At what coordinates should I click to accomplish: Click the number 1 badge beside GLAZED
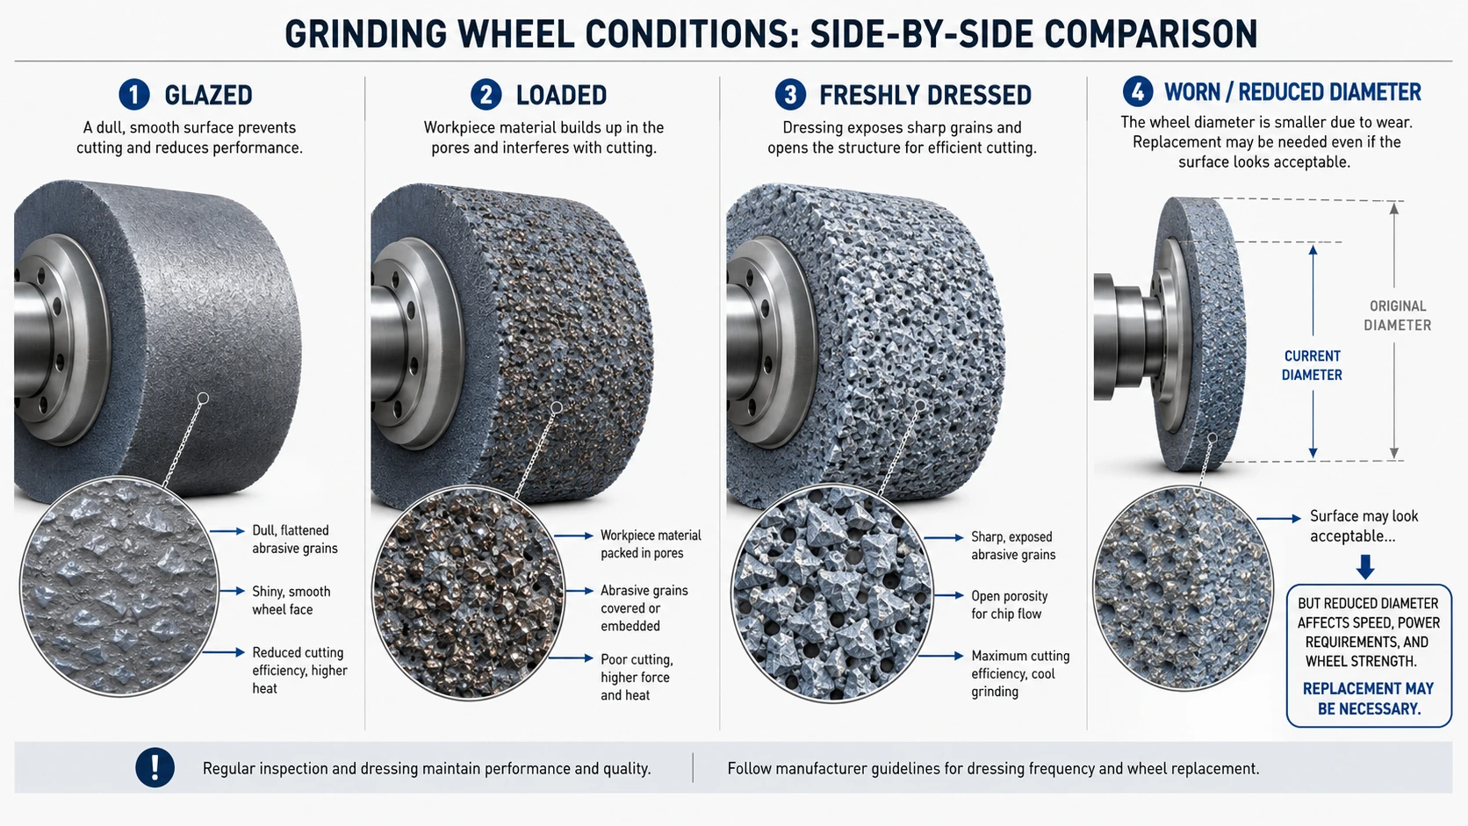pyautogui.click(x=133, y=95)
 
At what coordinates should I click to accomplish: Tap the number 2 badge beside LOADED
pyautogui.click(x=486, y=95)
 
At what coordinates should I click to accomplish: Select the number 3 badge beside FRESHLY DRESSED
pyautogui.click(x=790, y=95)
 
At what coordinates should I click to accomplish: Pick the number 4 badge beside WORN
pyautogui.click(x=1138, y=91)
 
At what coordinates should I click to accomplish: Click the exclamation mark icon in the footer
pyautogui.click(x=155, y=767)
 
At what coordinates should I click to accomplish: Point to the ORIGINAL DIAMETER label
pyautogui.click(x=1397, y=316)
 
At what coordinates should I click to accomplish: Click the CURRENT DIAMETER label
pyautogui.click(x=1312, y=365)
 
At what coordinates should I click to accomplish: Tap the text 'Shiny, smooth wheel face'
pyautogui.click(x=291, y=600)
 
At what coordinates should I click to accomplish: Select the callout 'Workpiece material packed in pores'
pyautogui.click(x=651, y=544)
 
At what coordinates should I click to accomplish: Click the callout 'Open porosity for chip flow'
pyautogui.click(x=1010, y=605)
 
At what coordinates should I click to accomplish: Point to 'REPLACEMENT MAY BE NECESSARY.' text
pyautogui.click(x=1369, y=698)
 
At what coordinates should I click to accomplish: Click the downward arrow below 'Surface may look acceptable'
pyautogui.click(x=1365, y=566)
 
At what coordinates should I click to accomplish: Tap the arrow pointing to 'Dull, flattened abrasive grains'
pyautogui.click(x=227, y=530)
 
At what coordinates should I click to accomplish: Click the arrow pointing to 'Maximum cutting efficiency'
pyautogui.click(x=940, y=656)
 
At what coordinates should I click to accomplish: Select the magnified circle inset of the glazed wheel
pyautogui.click(x=119, y=586)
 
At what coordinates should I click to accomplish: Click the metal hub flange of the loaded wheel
pyautogui.click(x=417, y=342)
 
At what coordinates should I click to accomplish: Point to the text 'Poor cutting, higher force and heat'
pyautogui.click(x=637, y=678)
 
